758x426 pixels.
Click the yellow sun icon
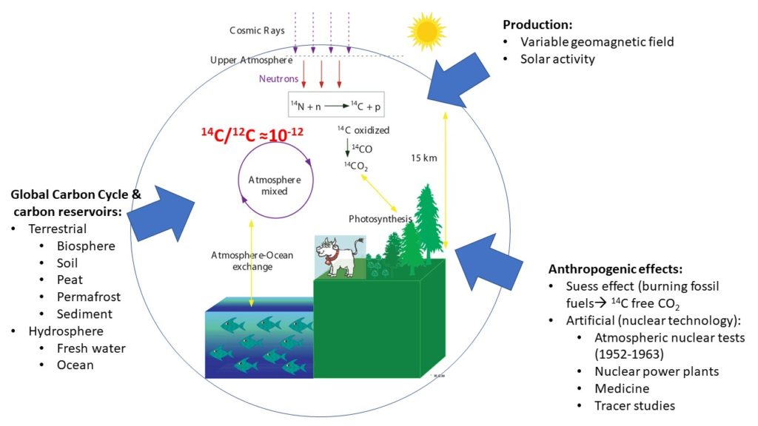coord(426,31)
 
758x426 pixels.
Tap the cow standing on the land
coord(339,257)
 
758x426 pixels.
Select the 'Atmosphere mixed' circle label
coord(275,186)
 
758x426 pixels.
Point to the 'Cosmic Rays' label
coord(257,30)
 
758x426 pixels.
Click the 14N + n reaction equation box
coord(336,105)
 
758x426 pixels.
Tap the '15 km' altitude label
coord(424,158)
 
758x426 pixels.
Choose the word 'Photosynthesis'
coord(380,219)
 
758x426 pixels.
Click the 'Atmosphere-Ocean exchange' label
coord(252,261)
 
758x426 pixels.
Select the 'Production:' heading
coord(537,24)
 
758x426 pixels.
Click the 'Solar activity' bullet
coord(557,59)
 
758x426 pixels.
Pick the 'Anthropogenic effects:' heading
coord(615,269)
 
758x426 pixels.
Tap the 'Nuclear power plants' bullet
coord(657,371)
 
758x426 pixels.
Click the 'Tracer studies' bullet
coord(634,406)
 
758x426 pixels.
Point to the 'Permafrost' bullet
coord(89,297)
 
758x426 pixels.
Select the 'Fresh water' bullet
coord(91,348)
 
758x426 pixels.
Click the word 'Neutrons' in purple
coord(278,78)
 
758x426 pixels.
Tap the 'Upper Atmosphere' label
coord(252,61)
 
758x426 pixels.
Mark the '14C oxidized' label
coord(363,130)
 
